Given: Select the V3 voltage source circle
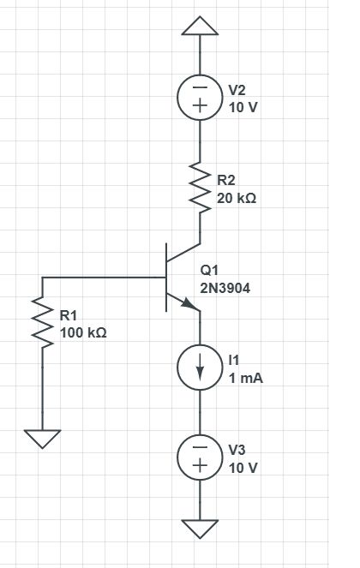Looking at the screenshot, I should [201, 457].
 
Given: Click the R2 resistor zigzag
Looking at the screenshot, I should [201, 188].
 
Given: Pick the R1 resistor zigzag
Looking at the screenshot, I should [41, 324].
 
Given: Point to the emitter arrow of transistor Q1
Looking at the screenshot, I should [186, 303].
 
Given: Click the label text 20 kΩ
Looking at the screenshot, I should [237, 197].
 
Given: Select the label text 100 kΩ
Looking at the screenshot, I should [83, 332].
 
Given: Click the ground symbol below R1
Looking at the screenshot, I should [41, 438].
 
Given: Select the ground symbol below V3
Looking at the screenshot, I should [201, 527].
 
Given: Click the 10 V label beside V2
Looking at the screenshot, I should [243, 107].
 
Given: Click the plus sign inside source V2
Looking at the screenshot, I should [201, 109].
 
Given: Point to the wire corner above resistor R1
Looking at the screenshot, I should [41, 278].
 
